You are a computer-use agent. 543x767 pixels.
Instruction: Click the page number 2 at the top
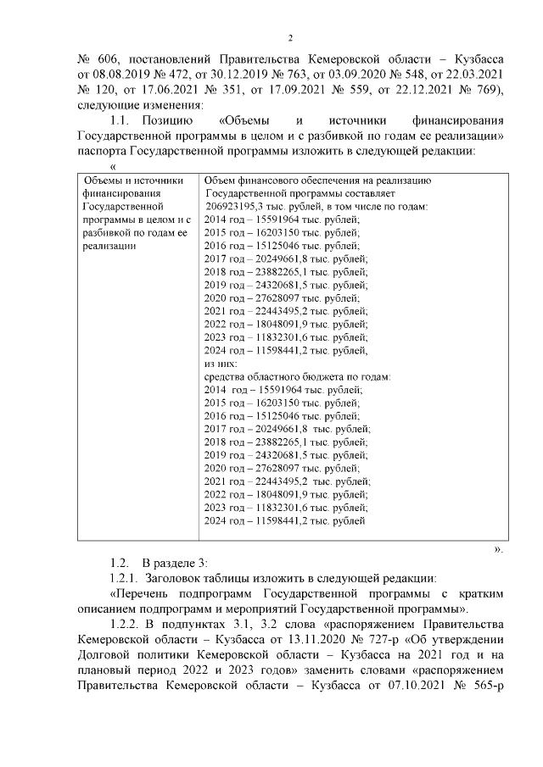[291, 38]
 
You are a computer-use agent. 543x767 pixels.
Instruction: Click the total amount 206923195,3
[238, 207]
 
